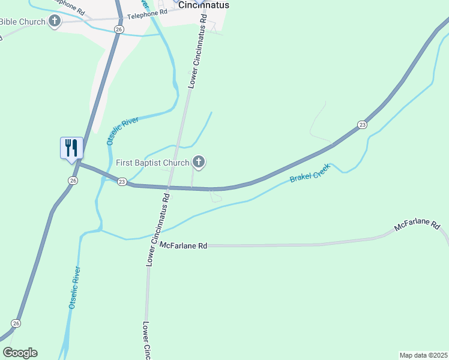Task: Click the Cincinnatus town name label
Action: tap(204, 5)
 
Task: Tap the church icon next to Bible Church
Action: tap(55, 22)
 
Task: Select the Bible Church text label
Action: tap(22, 22)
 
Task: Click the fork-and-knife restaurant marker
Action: tap(71, 148)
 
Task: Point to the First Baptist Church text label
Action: tap(152, 162)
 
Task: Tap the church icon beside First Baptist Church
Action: tap(199, 162)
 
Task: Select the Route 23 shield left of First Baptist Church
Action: tap(121, 181)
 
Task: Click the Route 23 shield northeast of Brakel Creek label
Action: tap(361, 124)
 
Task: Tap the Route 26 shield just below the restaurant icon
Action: tap(73, 180)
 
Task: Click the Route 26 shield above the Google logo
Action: tap(16, 323)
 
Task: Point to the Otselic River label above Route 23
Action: tap(122, 131)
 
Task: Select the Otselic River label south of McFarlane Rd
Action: tap(74, 287)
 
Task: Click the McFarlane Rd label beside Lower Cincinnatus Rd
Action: tap(184, 245)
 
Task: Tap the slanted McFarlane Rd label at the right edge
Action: tap(417, 225)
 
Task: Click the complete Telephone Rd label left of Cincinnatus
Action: tap(146, 12)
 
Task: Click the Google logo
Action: tap(20, 353)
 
